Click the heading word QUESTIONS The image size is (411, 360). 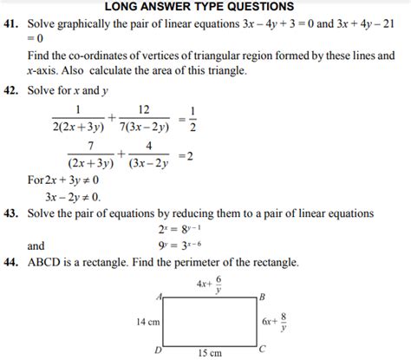257,7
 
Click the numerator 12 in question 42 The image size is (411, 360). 144,110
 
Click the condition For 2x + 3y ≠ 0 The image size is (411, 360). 63,180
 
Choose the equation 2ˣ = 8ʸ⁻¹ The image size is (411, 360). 179,230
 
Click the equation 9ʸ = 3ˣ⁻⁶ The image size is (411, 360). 179,245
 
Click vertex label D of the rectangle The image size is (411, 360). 156,349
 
